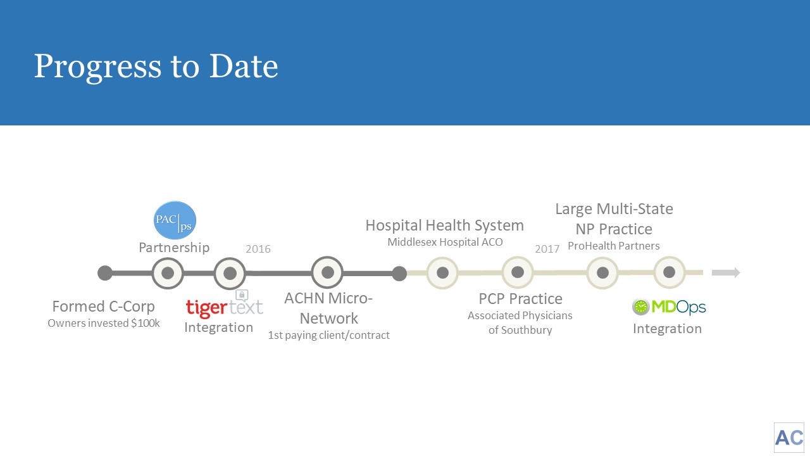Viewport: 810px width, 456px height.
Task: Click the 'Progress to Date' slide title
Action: [156, 67]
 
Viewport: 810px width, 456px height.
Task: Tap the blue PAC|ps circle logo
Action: [175, 220]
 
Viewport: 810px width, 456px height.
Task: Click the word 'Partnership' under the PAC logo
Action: [174, 248]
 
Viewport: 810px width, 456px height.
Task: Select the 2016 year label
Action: [258, 249]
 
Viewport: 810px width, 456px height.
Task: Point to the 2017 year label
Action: [547, 249]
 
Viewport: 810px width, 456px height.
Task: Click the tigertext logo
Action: [224, 305]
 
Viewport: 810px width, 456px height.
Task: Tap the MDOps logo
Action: [669, 307]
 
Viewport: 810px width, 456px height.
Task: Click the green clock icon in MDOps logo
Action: [641, 307]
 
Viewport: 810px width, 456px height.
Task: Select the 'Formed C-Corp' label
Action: [103, 307]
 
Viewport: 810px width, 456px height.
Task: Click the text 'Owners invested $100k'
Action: [104, 323]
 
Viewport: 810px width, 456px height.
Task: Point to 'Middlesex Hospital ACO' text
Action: [445, 242]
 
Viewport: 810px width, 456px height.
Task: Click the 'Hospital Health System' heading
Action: [445, 225]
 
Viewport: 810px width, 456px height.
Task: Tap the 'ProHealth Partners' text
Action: [614, 246]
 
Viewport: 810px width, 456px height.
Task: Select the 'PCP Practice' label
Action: [520, 299]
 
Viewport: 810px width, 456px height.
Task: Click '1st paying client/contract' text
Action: [328, 335]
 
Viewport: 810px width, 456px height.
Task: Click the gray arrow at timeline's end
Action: [726, 272]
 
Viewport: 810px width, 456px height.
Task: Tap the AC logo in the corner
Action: [789, 438]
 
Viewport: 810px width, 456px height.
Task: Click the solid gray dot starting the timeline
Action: [105, 273]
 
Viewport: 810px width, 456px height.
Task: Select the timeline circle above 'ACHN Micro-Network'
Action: [328, 272]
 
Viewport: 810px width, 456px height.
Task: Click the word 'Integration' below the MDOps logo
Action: [667, 329]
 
